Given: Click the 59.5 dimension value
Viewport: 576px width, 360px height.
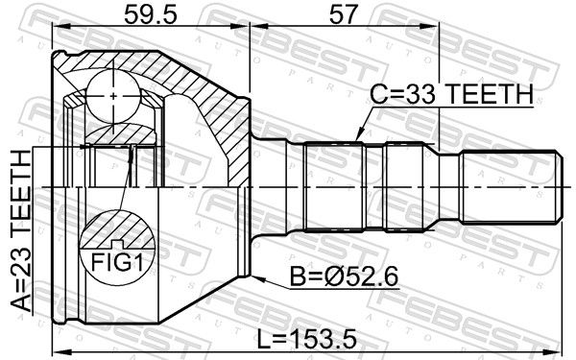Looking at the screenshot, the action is pos(151,14).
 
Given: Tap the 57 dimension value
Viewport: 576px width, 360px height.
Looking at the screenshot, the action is pos(343,14).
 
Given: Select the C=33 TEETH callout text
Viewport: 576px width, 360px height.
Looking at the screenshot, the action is pos(451,94).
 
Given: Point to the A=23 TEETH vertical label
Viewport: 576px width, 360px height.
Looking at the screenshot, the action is pos(21,230).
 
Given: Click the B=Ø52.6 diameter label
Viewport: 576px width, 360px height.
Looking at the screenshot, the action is pos(345,276).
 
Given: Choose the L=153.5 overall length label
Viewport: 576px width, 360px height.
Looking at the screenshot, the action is pos(306,339).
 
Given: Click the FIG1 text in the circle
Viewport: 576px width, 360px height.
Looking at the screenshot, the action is pos(117,262).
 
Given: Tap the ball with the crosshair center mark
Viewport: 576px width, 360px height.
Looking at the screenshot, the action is pos(113,96).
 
